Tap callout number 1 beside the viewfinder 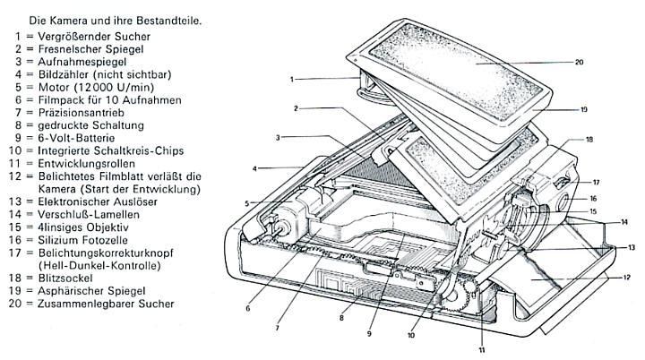[x=293, y=80]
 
